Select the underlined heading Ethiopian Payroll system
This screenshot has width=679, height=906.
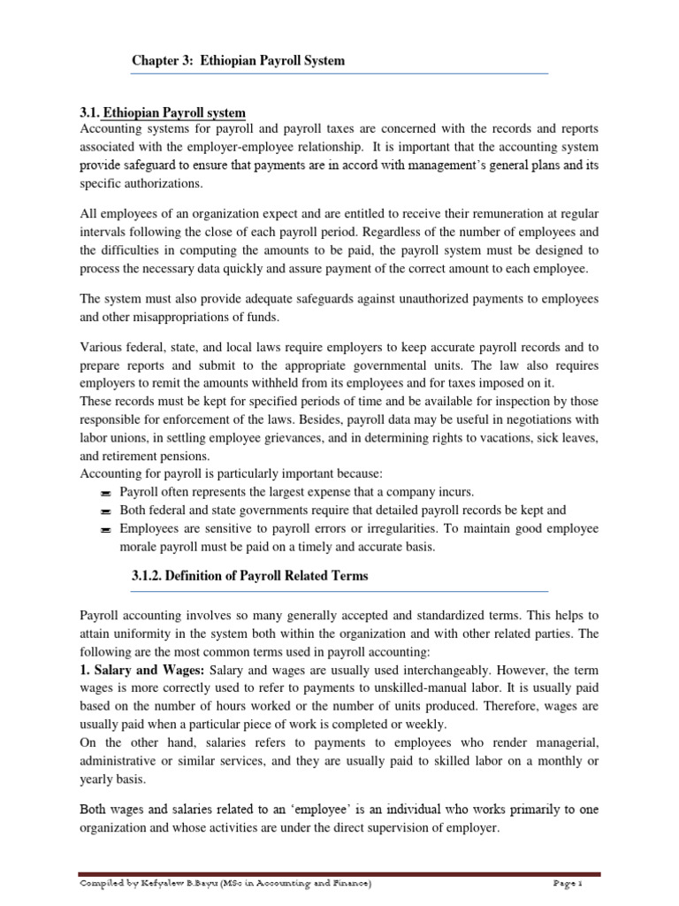(174, 113)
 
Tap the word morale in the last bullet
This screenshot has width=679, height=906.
(141, 547)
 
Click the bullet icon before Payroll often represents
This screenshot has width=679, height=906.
(105, 493)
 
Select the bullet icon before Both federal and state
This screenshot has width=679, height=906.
(105, 511)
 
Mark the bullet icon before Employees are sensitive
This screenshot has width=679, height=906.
(105, 529)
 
